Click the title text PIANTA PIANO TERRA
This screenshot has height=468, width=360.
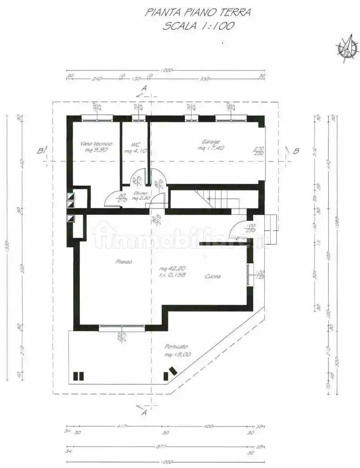click(x=198, y=12)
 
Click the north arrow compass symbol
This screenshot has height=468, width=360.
click(x=347, y=47)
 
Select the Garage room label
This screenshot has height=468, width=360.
click(x=211, y=142)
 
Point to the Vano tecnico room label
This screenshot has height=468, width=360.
click(x=96, y=144)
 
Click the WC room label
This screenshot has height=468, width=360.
click(x=135, y=145)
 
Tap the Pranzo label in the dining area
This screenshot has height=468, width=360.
click(x=124, y=262)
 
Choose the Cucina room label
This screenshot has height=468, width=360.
click(x=213, y=277)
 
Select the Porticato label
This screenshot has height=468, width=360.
click(x=176, y=347)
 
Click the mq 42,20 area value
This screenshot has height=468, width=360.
click(x=173, y=269)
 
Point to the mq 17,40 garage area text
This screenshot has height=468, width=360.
click(x=211, y=148)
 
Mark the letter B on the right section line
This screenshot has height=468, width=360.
click(x=296, y=151)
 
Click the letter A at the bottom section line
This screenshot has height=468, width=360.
click(x=144, y=413)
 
